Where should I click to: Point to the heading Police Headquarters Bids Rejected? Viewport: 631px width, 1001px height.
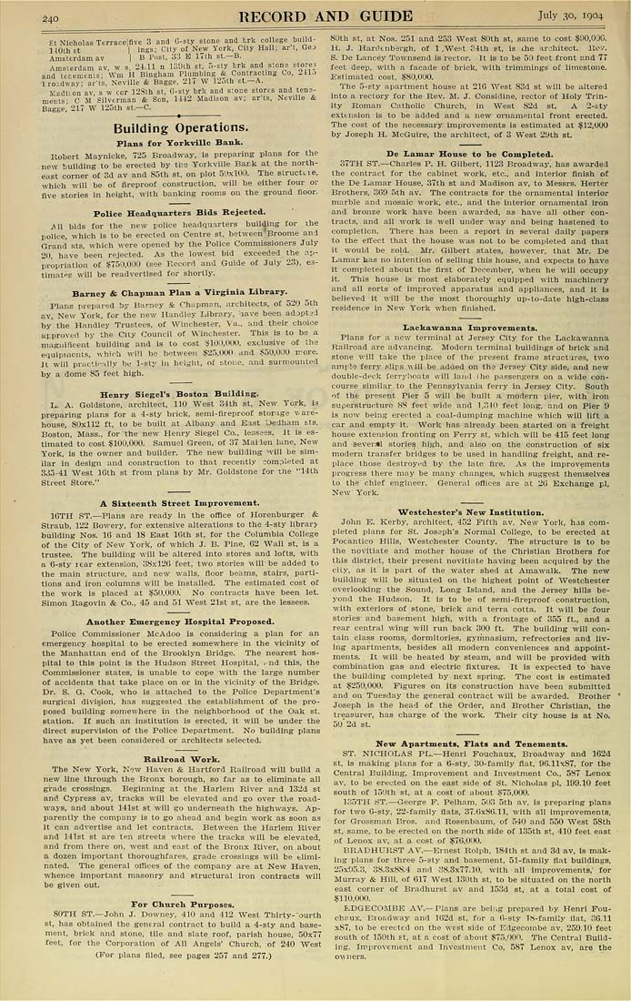(179, 213)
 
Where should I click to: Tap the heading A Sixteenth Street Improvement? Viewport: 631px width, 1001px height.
(179, 502)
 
